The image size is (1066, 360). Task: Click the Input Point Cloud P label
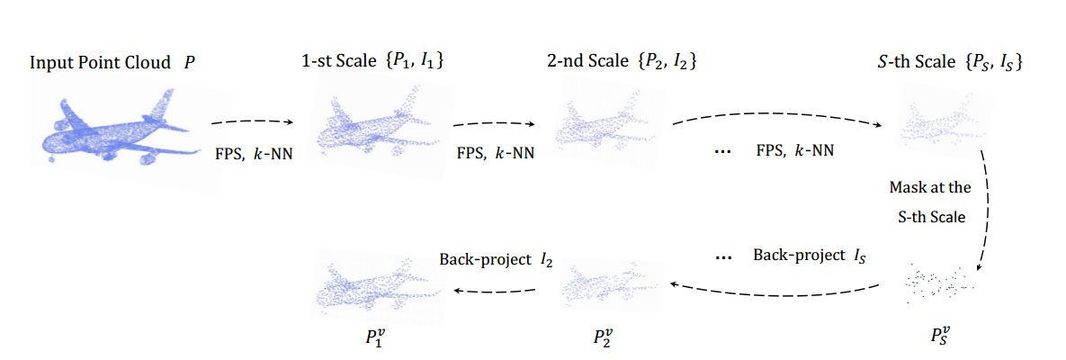click(112, 63)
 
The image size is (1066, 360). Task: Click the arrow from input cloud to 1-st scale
click(252, 121)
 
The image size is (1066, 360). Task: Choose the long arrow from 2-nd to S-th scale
click(779, 119)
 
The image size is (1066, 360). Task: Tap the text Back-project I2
click(496, 259)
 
